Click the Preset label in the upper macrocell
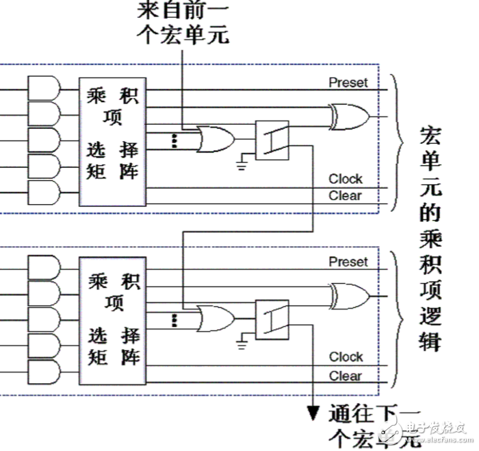coord(348,82)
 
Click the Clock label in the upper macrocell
coord(346,179)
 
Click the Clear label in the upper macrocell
coord(345,196)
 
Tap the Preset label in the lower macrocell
coord(348,261)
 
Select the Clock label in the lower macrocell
coord(346,356)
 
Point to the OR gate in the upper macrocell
coord(215,139)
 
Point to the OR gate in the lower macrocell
coord(215,319)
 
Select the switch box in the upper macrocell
coord(272,140)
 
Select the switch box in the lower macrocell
coord(272,319)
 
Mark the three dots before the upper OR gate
coord(174,141)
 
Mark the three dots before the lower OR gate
coord(174,319)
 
